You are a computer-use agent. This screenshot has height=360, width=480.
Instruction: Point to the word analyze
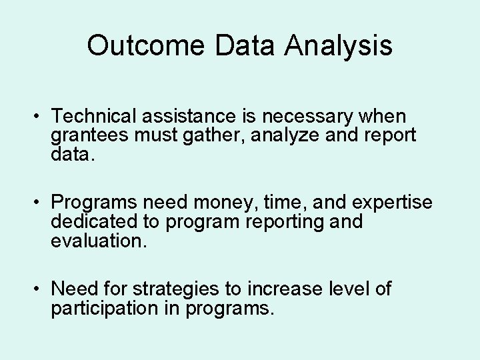(x=294, y=135)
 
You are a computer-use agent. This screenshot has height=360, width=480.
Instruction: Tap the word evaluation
(x=97, y=239)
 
